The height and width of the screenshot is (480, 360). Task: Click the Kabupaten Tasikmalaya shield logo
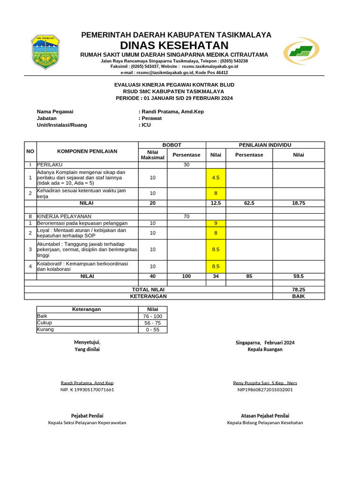pyautogui.click(x=45, y=52)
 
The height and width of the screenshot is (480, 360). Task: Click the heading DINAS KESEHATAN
pyautogui.click(x=174, y=45)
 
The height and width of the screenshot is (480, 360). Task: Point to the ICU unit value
pyautogui.click(x=146, y=125)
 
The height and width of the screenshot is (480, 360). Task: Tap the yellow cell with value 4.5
pyautogui.click(x=216, y=178)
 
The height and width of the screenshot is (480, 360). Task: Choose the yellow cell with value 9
pyautogui.click(x=216, y=224)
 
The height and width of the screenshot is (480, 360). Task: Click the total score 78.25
pyautogui.click(x=298, y=290)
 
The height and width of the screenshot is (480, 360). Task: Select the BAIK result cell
pyautogui.click(x=298, y=296)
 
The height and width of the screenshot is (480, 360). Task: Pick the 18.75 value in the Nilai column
pyautogui.click(x=298, y=203)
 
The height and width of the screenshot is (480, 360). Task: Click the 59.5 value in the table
pyautogui.click(x=298, y=276)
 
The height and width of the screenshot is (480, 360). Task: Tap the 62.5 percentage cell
pyautogui.click(x=249, y=203)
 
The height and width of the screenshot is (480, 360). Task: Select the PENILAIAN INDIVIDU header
pyautogui.click(x=265, y=145)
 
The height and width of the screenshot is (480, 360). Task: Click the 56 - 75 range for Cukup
pyautogui.click(x=152, y=323)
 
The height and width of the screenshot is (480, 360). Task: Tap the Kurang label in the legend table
pyautogui.click(x=45, y=329)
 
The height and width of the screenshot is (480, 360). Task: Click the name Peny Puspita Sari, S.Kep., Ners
pyautogui.click(x=265, y=382)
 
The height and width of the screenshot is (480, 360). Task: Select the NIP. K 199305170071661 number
pyautogui.click(x=87, y=390)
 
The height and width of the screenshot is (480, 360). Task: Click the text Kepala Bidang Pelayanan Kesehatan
pyautogui.click(x=265, y=422)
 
